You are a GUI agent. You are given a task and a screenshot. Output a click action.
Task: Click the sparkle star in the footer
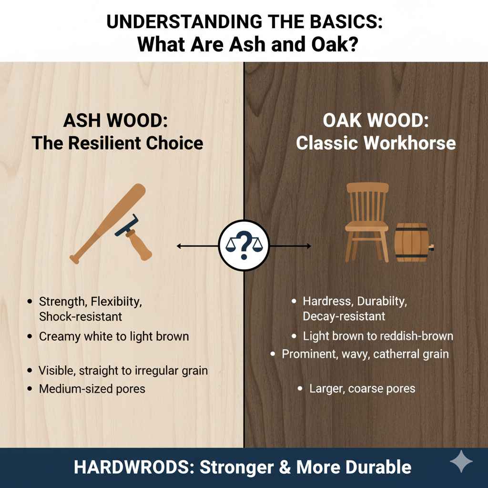coord(461,463)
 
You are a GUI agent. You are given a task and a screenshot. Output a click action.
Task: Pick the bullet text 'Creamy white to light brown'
coord(114,336)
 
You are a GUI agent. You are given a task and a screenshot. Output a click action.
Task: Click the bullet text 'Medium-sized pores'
coord(92,389)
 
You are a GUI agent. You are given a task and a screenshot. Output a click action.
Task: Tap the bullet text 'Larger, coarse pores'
coord(362,389)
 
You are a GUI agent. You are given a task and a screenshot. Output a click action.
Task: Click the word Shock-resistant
coord(81,316)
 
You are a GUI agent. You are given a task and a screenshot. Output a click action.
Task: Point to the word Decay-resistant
coord(344,316)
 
